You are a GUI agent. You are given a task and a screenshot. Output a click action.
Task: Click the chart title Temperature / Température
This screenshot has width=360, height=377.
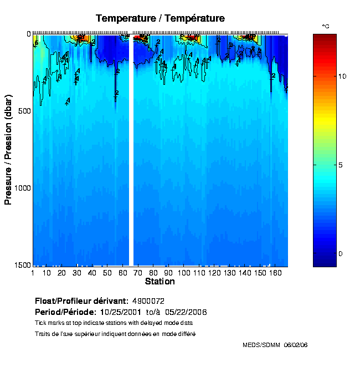point(160,18)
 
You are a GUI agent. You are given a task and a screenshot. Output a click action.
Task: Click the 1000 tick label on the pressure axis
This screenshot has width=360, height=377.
point(22,188)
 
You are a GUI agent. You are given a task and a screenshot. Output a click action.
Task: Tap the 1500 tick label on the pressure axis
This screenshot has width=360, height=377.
point(22,266)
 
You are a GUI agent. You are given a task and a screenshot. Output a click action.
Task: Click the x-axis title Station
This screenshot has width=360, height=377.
point(160,282)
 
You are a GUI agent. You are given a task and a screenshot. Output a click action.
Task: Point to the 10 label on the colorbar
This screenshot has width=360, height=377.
point(342,76)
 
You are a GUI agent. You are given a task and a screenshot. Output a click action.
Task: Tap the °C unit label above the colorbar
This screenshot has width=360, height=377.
point(326,26)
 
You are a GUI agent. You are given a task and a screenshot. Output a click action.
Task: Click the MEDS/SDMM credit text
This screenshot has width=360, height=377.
point(261,345)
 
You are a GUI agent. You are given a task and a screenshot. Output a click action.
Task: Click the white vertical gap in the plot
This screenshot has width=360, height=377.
point(131,150)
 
